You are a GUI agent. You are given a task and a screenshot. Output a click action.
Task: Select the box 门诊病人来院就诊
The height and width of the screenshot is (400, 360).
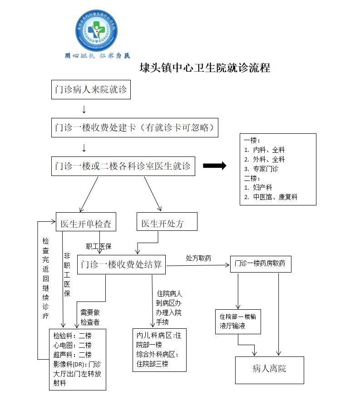coord(91,90)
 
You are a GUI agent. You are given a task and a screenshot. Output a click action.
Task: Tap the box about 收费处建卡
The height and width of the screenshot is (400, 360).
coord(135,127)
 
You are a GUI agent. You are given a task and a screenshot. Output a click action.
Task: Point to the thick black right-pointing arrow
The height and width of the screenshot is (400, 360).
coord(214,166)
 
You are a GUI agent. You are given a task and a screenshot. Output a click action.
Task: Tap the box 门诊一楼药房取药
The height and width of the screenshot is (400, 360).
coord(260,263)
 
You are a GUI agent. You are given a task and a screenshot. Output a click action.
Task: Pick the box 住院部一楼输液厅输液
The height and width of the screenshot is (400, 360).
coord(238,321)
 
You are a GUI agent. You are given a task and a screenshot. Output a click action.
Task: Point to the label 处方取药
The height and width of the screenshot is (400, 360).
coord(198,258)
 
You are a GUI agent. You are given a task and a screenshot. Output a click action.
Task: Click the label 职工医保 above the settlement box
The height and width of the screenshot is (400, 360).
coord(99,247)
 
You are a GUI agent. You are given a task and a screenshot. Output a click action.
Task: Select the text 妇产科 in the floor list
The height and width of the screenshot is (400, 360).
coord(262,187)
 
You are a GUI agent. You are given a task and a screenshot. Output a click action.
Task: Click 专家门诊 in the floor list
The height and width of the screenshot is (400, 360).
coord(266,169)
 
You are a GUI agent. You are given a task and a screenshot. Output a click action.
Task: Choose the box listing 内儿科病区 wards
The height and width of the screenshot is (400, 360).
coord(159,350)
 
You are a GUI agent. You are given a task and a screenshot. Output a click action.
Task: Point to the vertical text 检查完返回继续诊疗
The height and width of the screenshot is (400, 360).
coord(45,278)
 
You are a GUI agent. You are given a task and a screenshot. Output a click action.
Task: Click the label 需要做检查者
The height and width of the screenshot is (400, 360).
coord(90,317)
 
